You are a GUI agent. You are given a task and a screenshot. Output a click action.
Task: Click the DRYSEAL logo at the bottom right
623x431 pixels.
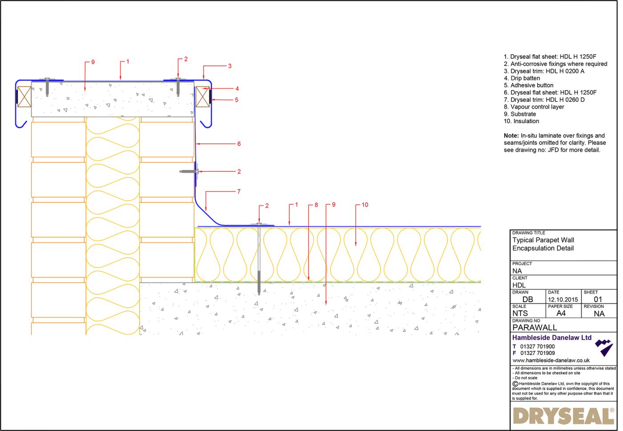563,416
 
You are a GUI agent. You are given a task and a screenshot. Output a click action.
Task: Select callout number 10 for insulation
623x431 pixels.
365,205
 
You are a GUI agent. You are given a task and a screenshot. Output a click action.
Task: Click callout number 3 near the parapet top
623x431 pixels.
230,66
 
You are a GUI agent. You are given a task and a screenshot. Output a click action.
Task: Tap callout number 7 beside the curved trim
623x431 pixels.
239,192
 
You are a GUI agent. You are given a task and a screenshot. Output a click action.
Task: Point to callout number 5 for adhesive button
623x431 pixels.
236,100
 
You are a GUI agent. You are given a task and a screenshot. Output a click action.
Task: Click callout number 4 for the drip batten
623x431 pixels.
237,89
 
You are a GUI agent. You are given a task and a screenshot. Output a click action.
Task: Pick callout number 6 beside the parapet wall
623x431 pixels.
239,144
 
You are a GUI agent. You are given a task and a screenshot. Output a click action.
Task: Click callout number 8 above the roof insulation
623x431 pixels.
316,205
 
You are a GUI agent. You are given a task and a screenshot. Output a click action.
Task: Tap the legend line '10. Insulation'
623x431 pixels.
521,121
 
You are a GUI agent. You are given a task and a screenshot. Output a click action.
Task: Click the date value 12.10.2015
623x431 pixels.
563,300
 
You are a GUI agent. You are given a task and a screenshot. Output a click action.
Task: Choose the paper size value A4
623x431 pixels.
561,314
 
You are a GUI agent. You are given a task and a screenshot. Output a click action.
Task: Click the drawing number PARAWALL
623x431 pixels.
534,328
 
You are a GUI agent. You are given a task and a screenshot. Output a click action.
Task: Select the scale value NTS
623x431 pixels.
520,314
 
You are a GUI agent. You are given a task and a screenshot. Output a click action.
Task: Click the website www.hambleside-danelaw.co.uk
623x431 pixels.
551,360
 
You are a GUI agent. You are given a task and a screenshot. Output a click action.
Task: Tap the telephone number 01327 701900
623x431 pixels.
537,346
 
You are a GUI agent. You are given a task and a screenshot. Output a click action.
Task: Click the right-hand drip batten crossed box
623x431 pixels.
202,97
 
